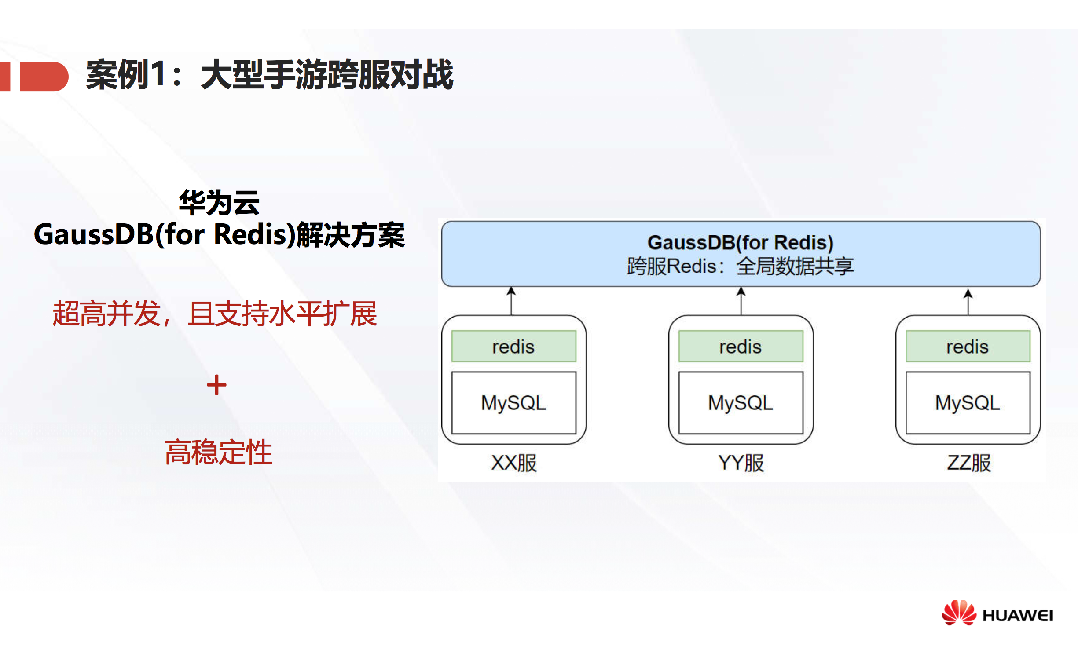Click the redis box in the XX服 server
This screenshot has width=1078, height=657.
coord(513,347)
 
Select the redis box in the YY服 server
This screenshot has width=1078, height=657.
coord(741,347)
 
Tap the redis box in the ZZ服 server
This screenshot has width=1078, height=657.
coord(968,347)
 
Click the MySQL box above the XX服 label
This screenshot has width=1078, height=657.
coord(513,403)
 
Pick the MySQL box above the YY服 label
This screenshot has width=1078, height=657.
coord(741,403)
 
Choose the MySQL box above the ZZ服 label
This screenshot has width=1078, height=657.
coord(968,403)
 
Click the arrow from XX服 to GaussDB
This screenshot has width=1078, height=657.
coord(511,301)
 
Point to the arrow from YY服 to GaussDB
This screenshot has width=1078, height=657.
coord(741,301)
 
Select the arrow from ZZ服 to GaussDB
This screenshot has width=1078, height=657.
coord(968,302)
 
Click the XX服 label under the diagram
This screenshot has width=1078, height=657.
coord(514,463)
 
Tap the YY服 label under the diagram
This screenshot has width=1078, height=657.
coord(741,463)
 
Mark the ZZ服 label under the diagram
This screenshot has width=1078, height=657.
coord(969,463)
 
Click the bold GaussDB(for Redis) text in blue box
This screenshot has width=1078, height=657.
coord(741,242)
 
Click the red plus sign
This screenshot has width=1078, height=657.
coord(216,385)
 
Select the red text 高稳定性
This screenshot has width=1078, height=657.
coord(219,452)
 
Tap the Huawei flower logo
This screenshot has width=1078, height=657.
coord(958,613)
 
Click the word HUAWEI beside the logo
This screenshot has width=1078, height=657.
coord(1018,615)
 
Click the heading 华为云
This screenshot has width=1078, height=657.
coord(219,203)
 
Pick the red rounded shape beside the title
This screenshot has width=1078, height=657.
coord(44,77)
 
